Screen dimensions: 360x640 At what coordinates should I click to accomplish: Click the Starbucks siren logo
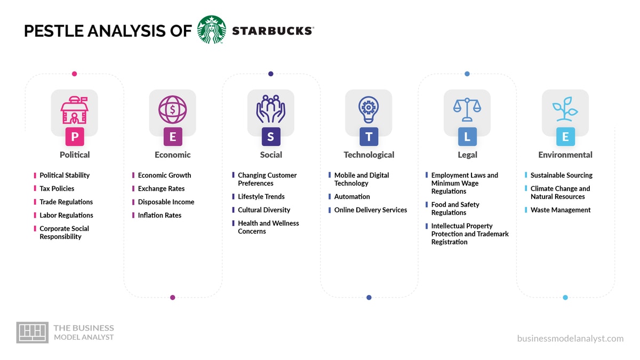[212, 30]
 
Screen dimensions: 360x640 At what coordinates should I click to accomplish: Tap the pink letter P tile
[75, 137]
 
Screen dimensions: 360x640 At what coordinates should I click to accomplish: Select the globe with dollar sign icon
[172, 109]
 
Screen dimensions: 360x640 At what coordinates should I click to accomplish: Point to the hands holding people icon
[270, 109]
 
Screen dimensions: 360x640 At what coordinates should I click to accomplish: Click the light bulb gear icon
[369, 109]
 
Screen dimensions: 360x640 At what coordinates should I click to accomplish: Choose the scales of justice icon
[467, 109]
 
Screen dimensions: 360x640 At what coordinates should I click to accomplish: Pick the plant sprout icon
[565, 109]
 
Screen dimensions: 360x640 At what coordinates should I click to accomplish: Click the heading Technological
[369, 155]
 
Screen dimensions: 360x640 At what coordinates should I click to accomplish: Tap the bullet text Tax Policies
[57, 188]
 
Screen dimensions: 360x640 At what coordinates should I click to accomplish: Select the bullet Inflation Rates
[159, 215]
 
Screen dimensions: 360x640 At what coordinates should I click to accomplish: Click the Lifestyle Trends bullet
[261, 196]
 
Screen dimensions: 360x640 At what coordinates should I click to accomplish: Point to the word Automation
[352, 196]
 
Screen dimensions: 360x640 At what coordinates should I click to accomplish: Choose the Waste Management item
[561, 210]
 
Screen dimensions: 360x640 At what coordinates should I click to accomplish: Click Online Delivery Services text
[371, 210]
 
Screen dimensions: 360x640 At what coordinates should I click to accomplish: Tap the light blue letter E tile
[565, 137]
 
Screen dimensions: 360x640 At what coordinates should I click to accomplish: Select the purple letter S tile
[270, 137]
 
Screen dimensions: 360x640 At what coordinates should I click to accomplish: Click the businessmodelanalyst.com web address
[570, 338]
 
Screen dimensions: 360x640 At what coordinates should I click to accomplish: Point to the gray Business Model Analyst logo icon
[32, 332]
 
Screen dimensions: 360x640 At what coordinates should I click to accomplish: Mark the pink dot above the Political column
[74, 74]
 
